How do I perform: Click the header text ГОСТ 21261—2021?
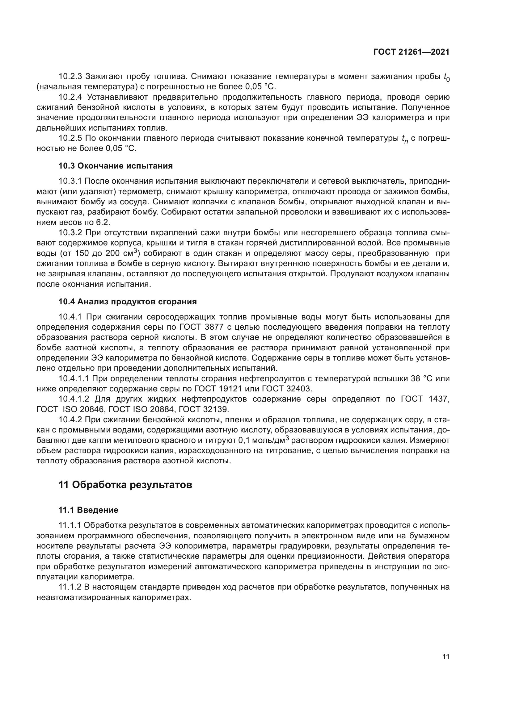[411, 52]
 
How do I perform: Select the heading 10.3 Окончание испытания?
[116, 166]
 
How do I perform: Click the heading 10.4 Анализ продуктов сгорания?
[127, 302]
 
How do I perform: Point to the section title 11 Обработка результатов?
[125, 485]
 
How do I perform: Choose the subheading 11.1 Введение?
[88, 510]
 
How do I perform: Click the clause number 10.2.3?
[70, 77]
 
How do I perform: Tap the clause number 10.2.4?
[70, 97]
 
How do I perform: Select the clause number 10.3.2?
[70, 233]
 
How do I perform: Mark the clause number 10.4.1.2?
[74, 399]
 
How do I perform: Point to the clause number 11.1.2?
[70, 587]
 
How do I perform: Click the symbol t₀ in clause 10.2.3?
[446, 77]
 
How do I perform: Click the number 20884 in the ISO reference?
[161, 409]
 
